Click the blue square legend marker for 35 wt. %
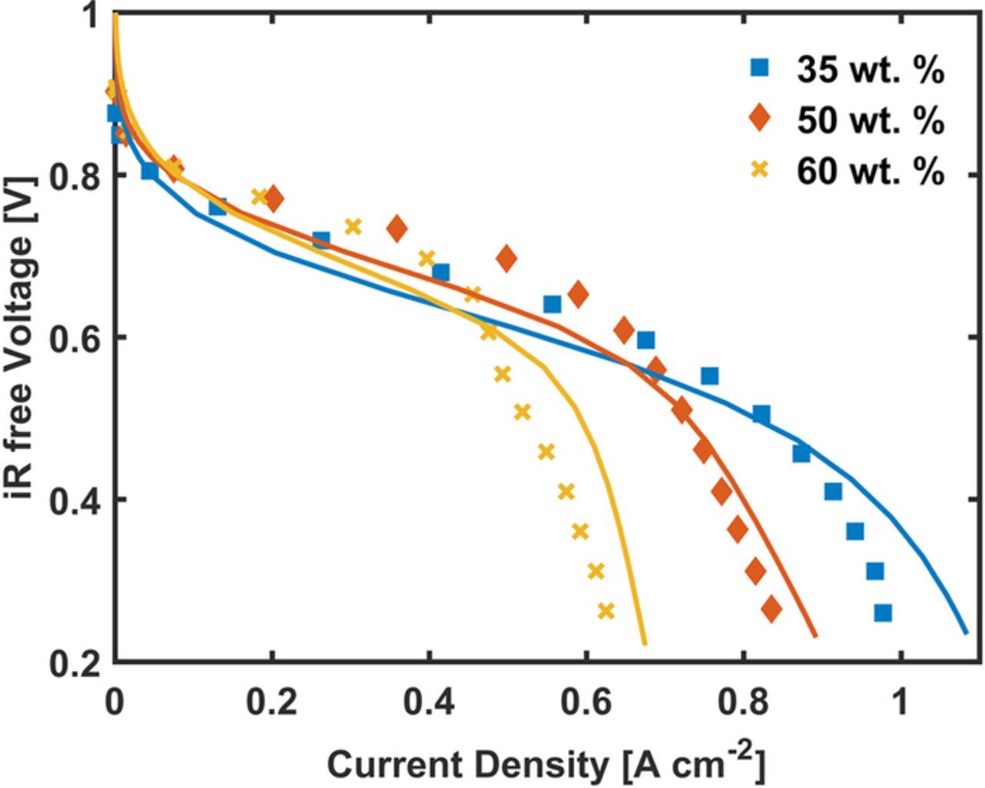tap(760, 68)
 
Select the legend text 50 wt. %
tap(870, 120)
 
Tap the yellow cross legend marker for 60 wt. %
tap(760, 170)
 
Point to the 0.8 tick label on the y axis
tap(73, 176)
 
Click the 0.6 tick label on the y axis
tap(73, 338)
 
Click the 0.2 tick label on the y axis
tap(73, 663)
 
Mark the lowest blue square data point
tap(883, 613)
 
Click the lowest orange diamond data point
tap(771, 610)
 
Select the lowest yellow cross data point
tap(606, 611)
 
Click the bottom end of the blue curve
tap(966, 633)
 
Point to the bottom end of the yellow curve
tap(644, 643)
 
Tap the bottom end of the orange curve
tap(816, 636)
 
